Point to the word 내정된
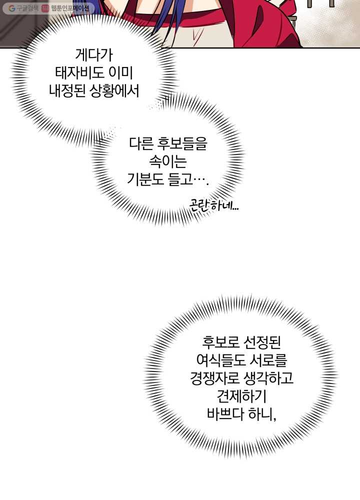coord(67,92)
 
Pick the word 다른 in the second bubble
coord(141,144)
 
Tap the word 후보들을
coord(182,144)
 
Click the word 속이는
coord(168,162)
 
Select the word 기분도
coord(145,180)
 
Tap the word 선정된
coord(262,342)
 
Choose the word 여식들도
coord(221,360)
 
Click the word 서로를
coord(268,360)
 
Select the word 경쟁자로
coord(214,379)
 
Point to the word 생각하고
coord(268,379)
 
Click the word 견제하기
coord(241,397)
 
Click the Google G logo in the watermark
coord(12,8)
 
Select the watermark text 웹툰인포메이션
coord(70,8)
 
